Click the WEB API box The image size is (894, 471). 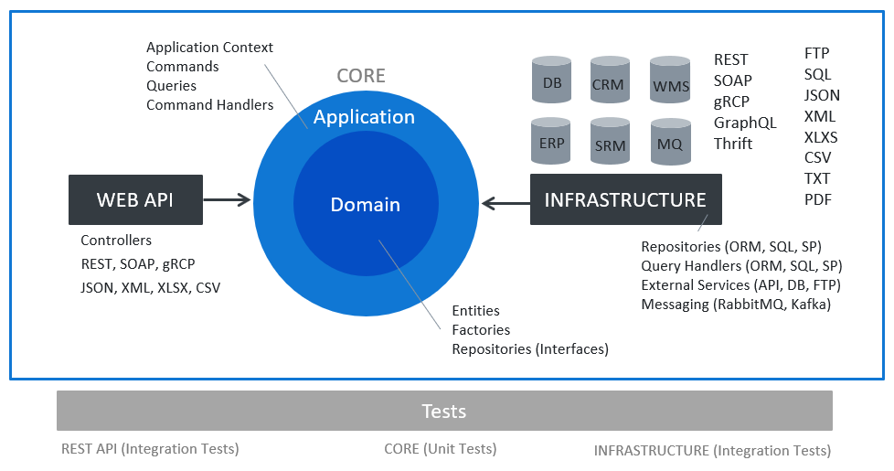tap(135, 199)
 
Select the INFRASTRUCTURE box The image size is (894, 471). tap(626, 199)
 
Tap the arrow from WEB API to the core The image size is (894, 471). tap(227, 199)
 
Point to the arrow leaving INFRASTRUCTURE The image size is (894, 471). tap(506, 203)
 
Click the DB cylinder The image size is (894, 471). tap(551, 80)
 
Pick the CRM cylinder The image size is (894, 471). tap(610, 80)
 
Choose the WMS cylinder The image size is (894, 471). tap(670, 80)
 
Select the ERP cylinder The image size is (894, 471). tap(551, 141)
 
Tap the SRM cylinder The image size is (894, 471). tap(610, 141)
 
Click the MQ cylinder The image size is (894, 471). tap(671, 142)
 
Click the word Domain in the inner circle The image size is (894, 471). tap(366, 205)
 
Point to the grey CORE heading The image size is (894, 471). tap(361, 75)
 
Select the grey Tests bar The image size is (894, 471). tap(445, 411)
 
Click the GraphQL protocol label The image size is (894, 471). tap(745, 123)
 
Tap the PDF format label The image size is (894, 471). tap(818, 199)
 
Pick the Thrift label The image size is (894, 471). tap(733, 144)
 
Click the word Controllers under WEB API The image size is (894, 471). tap(116, 240)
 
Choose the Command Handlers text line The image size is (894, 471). tap(210, 105)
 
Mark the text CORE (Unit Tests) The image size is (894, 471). tap(441, 449)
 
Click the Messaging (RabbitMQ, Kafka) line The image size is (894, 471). tap(736, 305)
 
